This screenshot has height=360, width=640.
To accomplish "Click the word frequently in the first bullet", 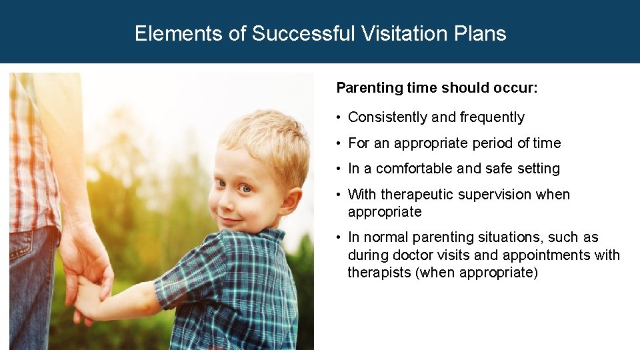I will click(x=491, y=117).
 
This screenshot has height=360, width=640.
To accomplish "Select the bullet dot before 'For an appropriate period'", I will click(x=339, y=143).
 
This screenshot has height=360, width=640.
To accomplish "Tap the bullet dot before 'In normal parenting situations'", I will click(x=339, y=238).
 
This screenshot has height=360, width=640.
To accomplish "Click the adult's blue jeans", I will click(x=30, y=287).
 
